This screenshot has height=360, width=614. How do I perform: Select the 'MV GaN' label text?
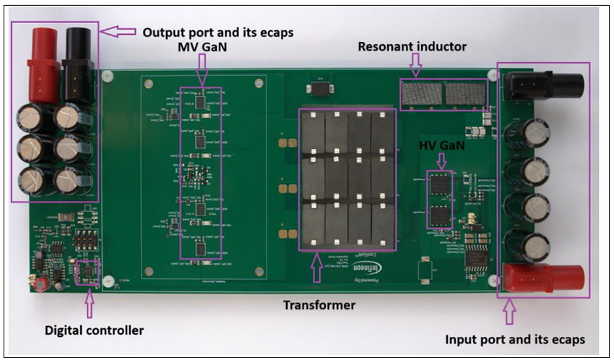click(200, 48)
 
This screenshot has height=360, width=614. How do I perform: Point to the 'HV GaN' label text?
click(441, 146)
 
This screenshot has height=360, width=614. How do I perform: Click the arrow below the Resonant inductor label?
click(415, 67)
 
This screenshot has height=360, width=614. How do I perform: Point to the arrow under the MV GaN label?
click(201, 71)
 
